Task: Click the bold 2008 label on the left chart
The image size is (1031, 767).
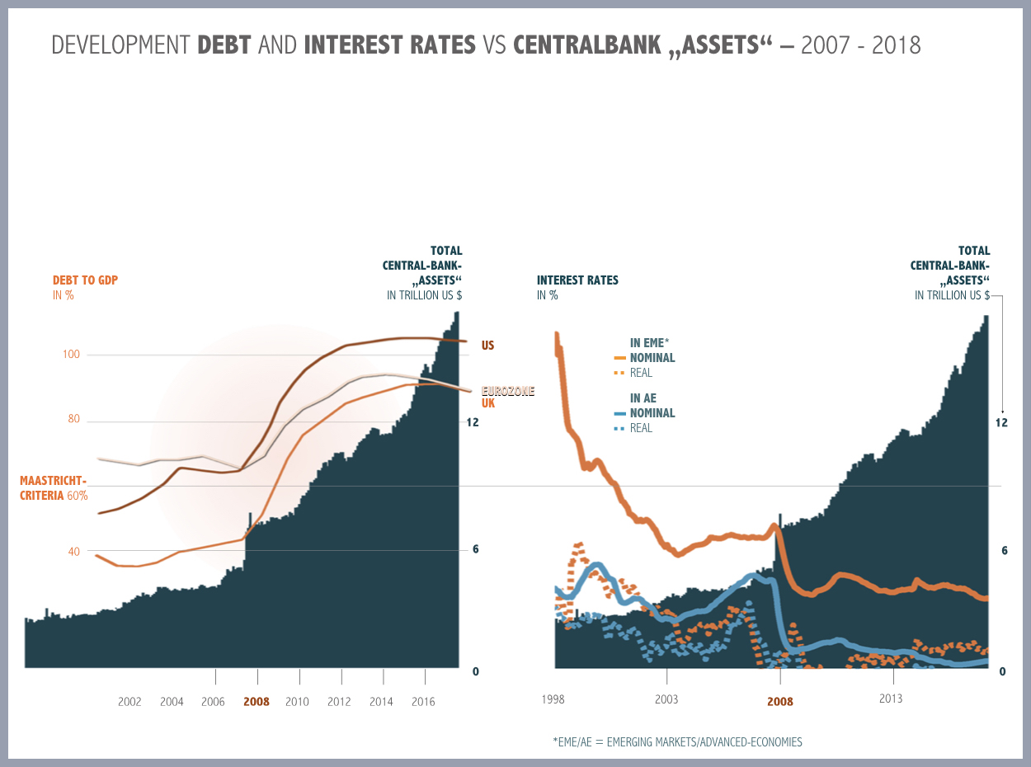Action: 256,702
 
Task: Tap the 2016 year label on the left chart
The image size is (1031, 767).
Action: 423,702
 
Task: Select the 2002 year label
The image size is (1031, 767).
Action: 129,702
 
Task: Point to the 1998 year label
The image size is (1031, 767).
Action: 553,699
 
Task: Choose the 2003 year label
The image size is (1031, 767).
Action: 666,699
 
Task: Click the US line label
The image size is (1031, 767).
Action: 487,346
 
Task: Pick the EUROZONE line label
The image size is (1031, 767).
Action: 508,391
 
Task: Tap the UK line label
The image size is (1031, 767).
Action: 488,403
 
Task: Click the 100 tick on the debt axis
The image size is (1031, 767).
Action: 71,355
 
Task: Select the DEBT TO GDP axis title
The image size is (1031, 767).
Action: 85,280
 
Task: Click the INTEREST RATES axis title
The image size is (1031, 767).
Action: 577,280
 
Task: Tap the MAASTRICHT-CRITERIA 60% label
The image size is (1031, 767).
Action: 54,488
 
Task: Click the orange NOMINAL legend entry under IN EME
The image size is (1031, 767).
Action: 652,358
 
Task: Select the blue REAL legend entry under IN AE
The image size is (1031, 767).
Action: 641,428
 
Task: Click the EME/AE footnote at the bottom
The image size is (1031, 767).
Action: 677,741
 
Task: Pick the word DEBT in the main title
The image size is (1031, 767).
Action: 225,45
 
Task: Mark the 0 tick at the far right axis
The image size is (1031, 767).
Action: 1003,671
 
